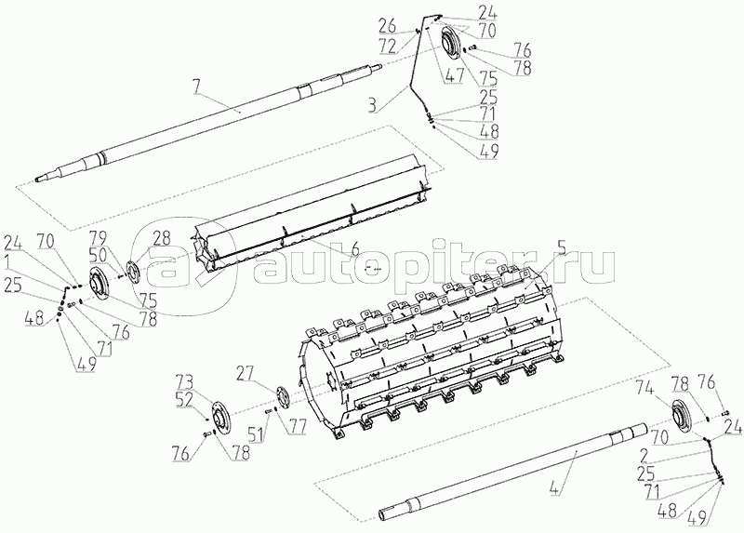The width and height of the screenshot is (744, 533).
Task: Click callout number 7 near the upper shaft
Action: (x=196, y=89)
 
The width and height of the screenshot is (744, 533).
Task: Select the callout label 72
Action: (x=387, y=44)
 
